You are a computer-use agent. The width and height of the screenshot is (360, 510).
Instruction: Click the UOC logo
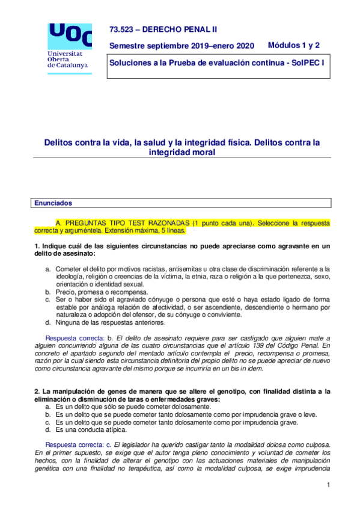click(70, 35)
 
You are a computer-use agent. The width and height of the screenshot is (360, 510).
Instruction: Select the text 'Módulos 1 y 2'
click(293, 45)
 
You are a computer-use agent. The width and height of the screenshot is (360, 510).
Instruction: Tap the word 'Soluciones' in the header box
click(130, 63)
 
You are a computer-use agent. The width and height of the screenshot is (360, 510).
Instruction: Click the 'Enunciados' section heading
click(53, 204)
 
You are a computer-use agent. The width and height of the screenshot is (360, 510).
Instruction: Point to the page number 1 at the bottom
click(329, 485)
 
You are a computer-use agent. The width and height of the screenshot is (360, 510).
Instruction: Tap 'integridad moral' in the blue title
click(182, 153)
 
